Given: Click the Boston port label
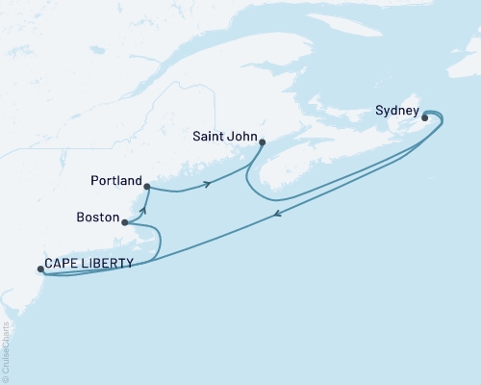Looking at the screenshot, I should pyautogui.click(x=96, y=219).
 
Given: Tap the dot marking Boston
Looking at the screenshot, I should pyautogui.click(x=125, y=222).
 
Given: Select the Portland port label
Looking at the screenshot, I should pyautogui.click(x=116, y=181).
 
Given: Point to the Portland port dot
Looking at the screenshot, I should pyautogui.click(x=146, y=186).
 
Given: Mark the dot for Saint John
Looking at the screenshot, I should pyautogui.click(x=263, y=142).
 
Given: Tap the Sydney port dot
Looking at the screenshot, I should pyautogui.click(x=424, y=118).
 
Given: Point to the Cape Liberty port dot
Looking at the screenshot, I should pyautogui.click(x=39, y=269).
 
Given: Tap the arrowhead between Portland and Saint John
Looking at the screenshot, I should pyautogui.click(x=207, y=184).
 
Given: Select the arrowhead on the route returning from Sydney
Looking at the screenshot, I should pyautogui.click(x=278, y=215).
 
